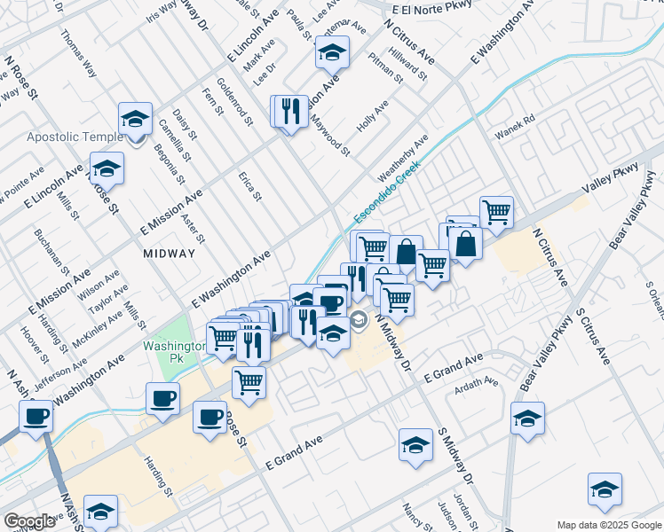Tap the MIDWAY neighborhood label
pyautogui.click(x=169, y=254)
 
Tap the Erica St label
pyautogui.click(x=249, y=185)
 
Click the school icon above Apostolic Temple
pyautogui.click(x=135, y=118)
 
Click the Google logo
pyautogui.click(x=29, y=521)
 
